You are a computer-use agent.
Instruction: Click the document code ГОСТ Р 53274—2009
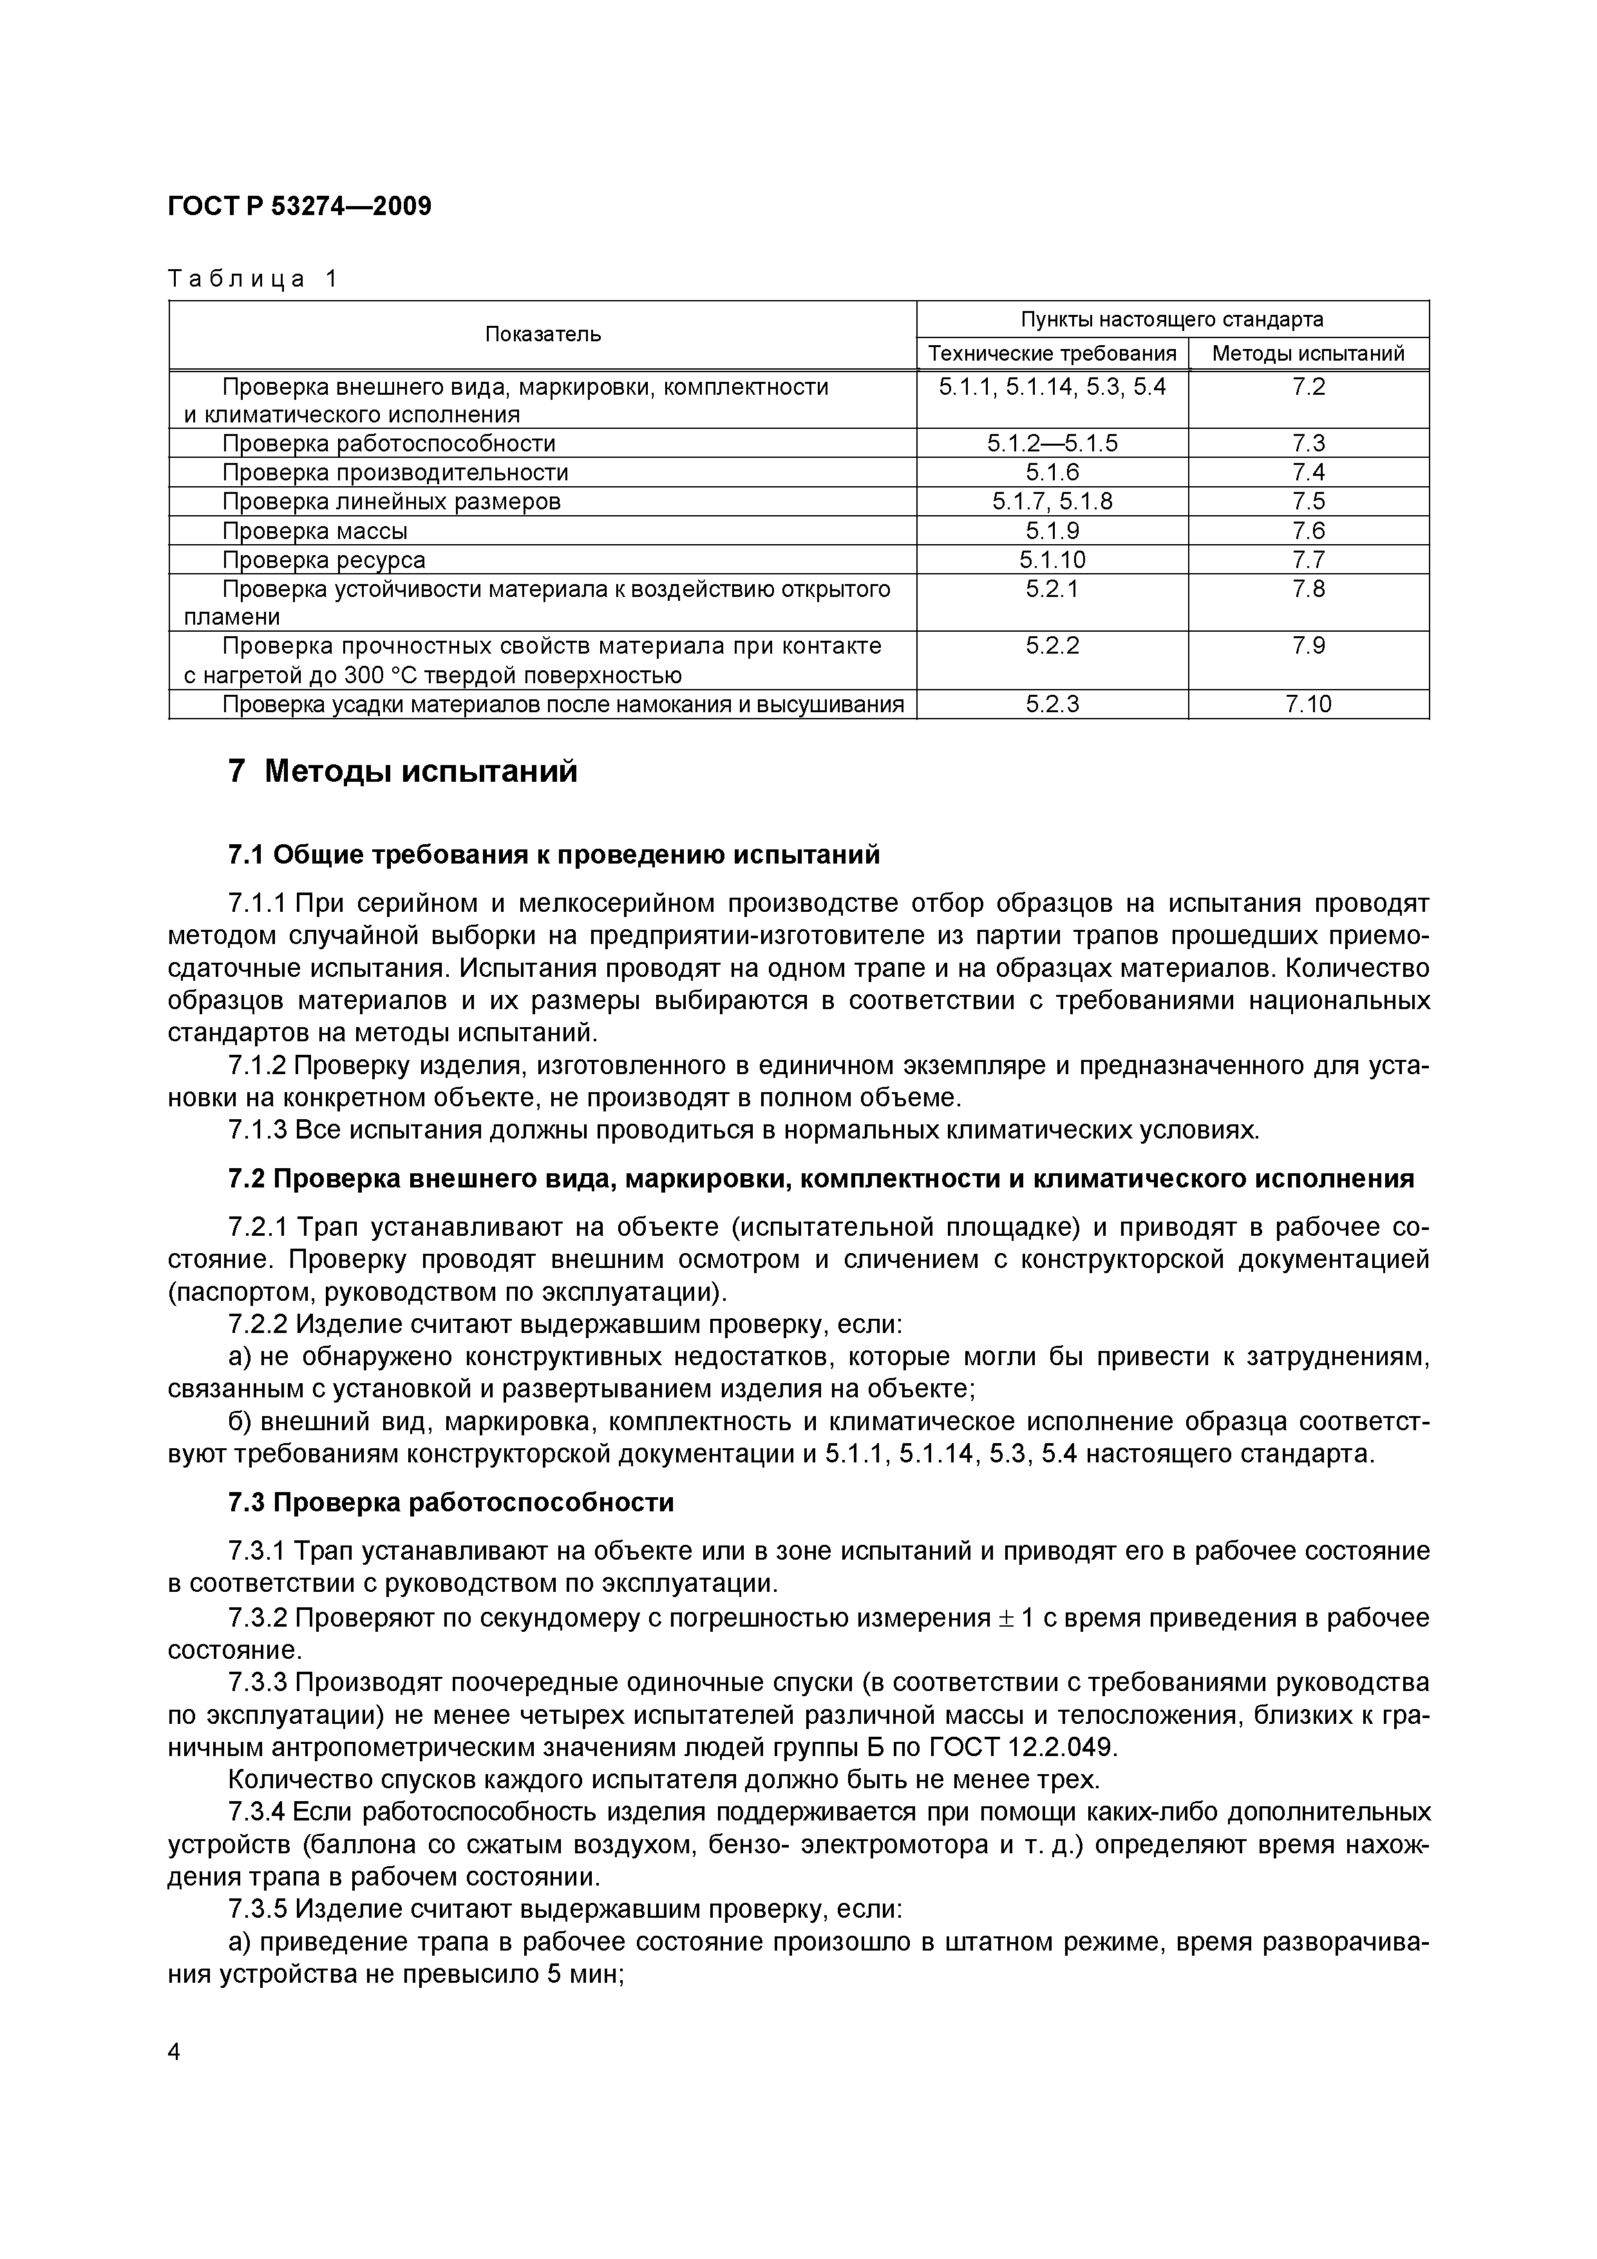coord(300,207)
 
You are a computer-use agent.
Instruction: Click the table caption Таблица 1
coord(253,279)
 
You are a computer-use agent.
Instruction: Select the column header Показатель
coord(542,334)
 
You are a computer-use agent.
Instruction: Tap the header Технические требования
coord(1052,354)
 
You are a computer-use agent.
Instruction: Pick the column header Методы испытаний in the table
coord(1308,354)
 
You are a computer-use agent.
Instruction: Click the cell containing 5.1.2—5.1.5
coord(1052,444)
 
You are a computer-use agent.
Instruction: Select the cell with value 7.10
coord(1308,704)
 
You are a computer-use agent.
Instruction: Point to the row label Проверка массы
coord(315,531)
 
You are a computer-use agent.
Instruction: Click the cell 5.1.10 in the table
coord(1052,560)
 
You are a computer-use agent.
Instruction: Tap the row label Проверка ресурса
coord(324,560)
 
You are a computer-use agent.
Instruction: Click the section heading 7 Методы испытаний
coord(402,772)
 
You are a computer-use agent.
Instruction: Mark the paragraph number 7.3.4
coord(257,1812)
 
